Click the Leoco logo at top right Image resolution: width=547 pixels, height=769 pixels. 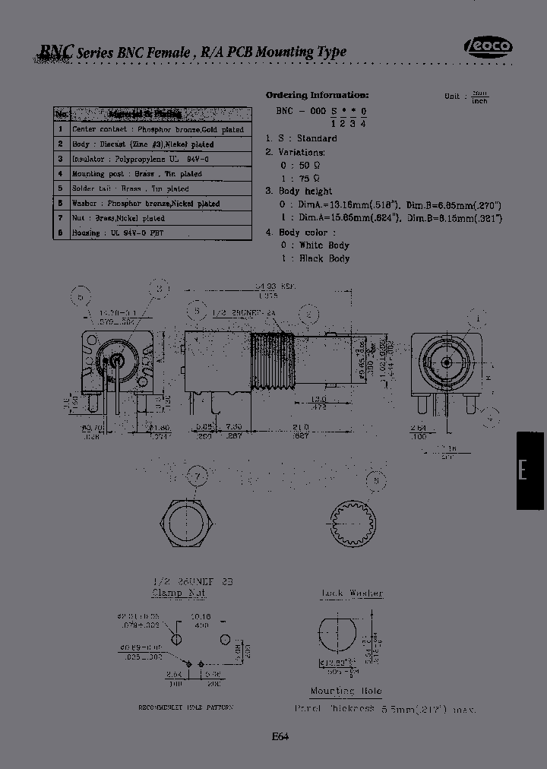pos(488,48)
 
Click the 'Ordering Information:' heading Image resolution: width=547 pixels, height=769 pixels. pos(317,95)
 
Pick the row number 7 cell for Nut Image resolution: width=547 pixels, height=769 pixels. pos(60,218)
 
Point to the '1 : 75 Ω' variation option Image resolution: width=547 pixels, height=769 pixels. pos(295,178)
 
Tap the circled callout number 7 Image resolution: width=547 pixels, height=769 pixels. pos(198,476)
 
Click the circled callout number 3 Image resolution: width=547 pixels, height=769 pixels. pos(160,287)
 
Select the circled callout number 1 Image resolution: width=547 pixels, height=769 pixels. pos(479,317)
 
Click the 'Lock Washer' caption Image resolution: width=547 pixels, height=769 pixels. pos(352,593)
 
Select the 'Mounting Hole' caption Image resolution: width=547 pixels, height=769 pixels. pos(346,691)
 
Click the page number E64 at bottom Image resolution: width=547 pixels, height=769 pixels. pos(279,735)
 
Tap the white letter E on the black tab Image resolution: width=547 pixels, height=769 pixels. pos(523,470)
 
